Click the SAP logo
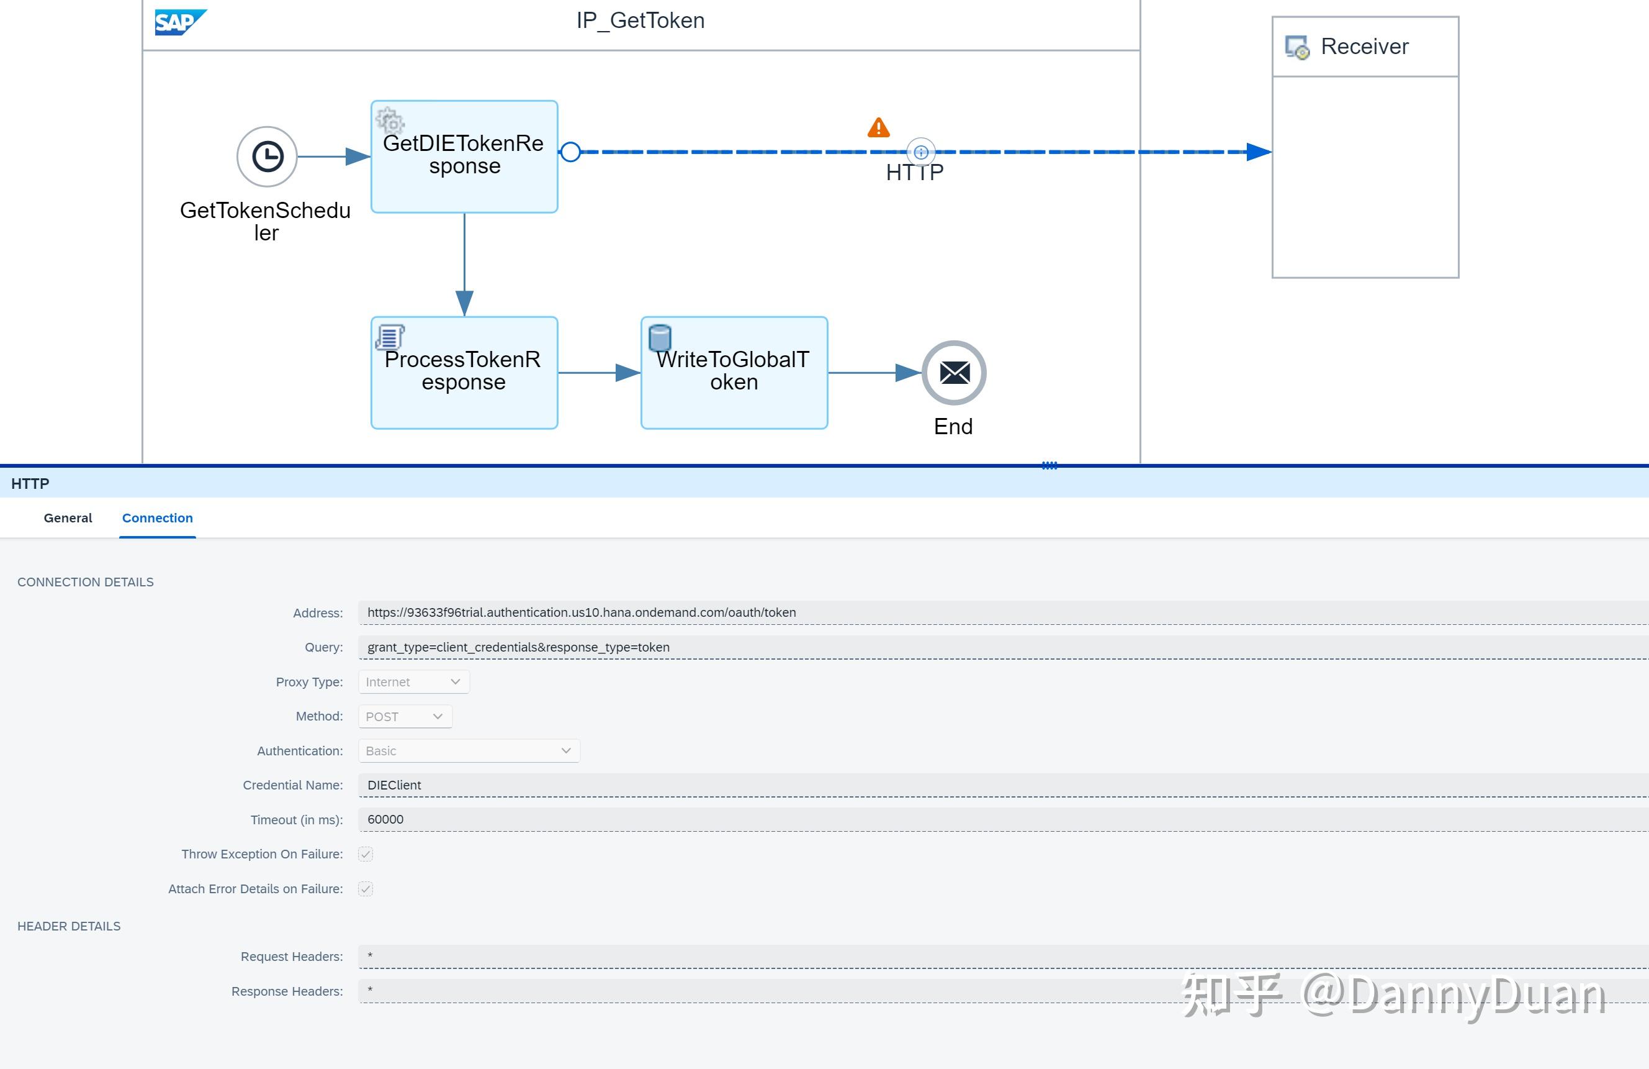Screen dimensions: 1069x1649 point(179,22)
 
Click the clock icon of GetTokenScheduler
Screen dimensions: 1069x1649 point(267,157)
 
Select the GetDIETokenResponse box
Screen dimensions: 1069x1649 point(464,157)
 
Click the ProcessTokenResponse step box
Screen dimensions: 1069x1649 point(464,373)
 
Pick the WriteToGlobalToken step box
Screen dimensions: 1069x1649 point(734,373)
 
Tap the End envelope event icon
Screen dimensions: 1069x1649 point(954,373)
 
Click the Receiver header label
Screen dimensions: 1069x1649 point(1364,47)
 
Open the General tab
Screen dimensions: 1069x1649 point(68,518)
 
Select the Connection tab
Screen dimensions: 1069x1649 point(157,518)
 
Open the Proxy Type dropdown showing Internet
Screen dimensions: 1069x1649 point(413,681)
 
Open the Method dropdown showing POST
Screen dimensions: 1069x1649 point(405,716)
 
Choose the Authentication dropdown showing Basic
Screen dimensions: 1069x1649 point(469,751)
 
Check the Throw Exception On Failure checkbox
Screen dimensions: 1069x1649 point(366,854)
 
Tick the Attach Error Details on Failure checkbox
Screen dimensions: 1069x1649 point(366,889)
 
